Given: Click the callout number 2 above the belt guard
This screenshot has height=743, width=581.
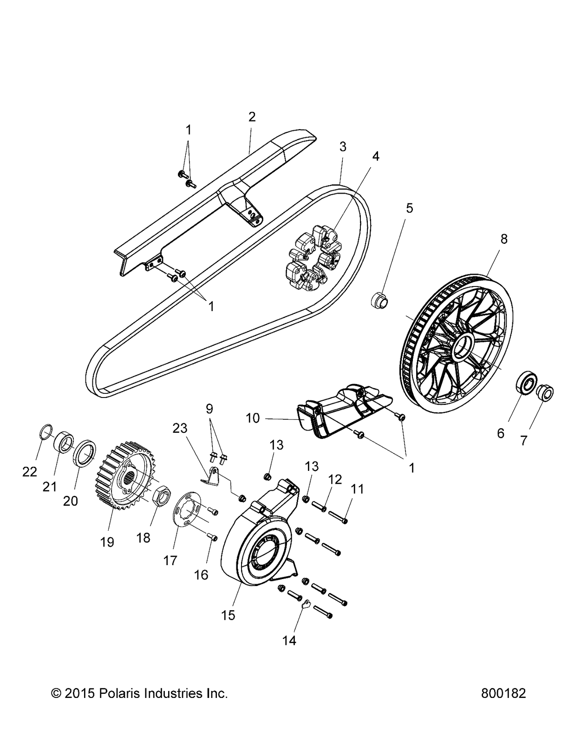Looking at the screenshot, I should coord(252,117).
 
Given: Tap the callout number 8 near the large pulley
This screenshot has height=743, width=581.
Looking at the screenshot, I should coord(503,239).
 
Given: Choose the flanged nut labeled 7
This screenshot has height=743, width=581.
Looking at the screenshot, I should coord(546,393).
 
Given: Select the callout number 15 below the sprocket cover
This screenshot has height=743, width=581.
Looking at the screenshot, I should coord(228,615).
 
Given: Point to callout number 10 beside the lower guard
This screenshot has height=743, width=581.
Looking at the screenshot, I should coord(253,418).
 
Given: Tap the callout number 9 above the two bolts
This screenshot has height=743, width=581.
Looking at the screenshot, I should coord(209,409).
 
